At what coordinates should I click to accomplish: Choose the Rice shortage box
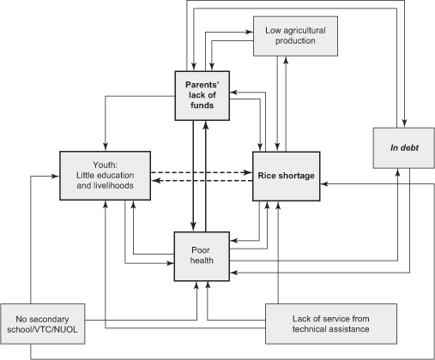pyautogui.click(x=286, y=176)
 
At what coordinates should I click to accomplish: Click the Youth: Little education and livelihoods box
pyautogui.click(x=105, y=176)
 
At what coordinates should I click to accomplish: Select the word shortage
pyautogui.click(x=297, y=176)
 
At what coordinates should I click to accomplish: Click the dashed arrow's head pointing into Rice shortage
pyautogui.click(x=250, y=172)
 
